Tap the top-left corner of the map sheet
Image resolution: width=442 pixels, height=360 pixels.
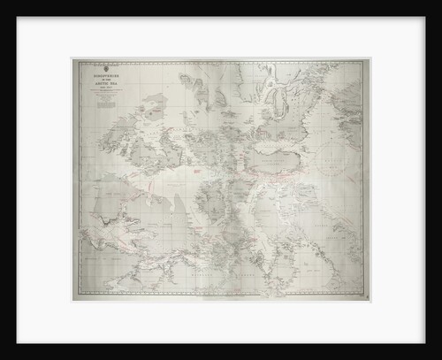[x=72, y=59]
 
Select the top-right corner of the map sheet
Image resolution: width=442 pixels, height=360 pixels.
[x=370, y=59]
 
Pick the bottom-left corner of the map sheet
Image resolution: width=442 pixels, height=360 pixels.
[x=72, y=302]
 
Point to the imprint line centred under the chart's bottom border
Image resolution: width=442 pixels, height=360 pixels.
[x=221, y=298]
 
